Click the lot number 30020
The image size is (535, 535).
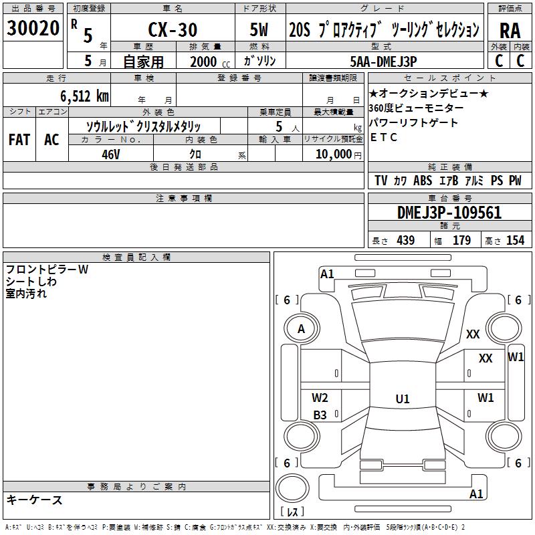tap(33, 28)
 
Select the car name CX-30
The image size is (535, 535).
tap(173, 29)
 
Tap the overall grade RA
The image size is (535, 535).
tap(510, 31)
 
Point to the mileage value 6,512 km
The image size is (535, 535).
tap(85, 96)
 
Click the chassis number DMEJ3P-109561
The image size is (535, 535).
tap(449, 213)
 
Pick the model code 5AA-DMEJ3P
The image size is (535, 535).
tap(383, 62)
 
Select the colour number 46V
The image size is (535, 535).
tap(111, 154)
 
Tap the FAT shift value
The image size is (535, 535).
tap(19, 140)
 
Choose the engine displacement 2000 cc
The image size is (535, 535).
tap(210, 62)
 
